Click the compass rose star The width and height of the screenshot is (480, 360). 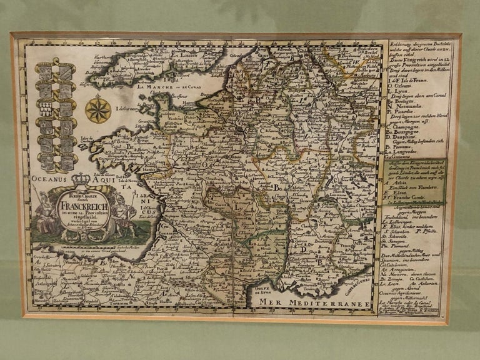point(98,109)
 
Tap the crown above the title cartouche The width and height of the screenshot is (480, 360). point(81,180)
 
